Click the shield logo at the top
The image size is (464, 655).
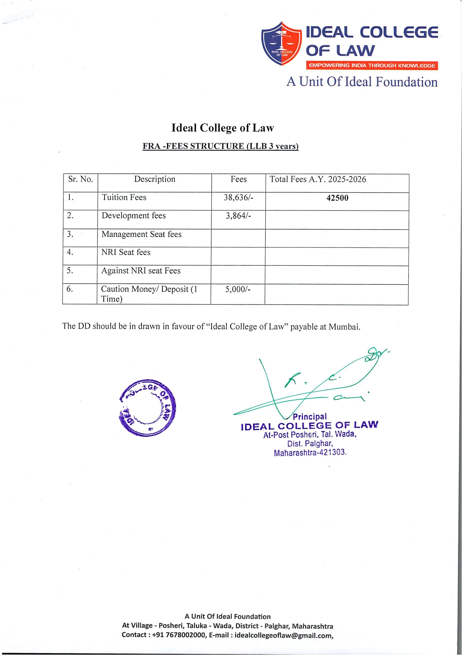click(281, 44)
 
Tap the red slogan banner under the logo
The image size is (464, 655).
click(372, 66)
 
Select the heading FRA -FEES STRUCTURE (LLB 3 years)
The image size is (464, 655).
click(220, 146)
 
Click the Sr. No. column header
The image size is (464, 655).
click(80, 180)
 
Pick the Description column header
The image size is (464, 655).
click(155, 180)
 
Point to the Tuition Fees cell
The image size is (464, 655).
click(124, 197)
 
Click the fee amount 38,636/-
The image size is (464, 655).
click(238, 197)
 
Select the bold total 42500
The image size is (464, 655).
click(337, 198)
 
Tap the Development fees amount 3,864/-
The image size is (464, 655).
click(238, 216)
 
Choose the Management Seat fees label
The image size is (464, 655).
click(142, 234)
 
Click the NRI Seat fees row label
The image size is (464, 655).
click(126, 253)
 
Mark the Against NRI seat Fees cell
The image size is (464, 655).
click(141, 271)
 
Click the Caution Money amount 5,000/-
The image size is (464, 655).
click(238, 289)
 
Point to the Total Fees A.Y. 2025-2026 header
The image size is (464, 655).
click(318, 180)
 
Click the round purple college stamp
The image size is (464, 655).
click(147, 408)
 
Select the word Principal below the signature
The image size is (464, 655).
click(310, 417)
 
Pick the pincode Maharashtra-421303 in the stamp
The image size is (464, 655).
click(310, 453)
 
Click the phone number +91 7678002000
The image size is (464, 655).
click(179, 635)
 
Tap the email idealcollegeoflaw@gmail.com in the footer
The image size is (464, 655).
click(284, 636)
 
